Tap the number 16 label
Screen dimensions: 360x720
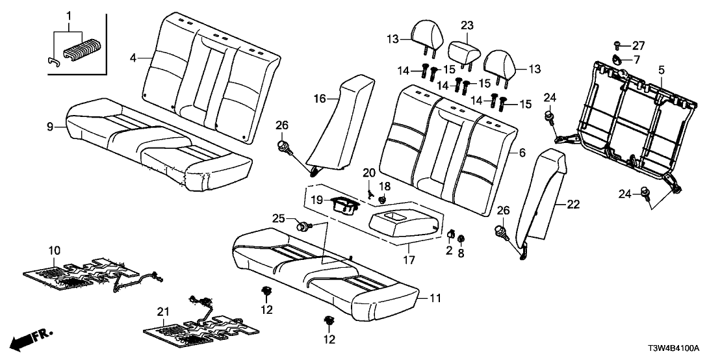coord(319,99)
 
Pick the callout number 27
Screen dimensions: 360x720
coord(639,45)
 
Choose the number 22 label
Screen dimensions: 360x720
coord(572,204)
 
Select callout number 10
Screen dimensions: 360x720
coord(55,250)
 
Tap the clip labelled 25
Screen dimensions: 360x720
coord(303,226)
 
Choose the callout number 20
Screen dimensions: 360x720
coord(368,174)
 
